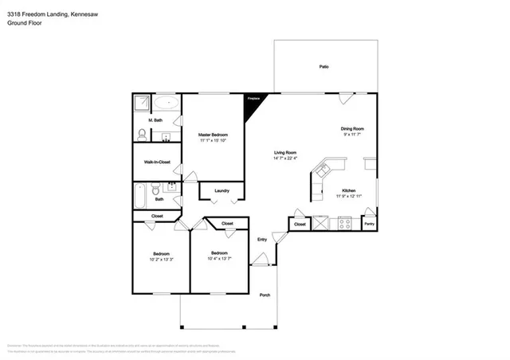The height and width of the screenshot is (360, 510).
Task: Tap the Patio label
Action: [324, 67]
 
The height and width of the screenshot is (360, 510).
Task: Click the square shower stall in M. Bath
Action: [141, 104]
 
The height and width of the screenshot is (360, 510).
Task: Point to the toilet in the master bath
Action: [142, 133]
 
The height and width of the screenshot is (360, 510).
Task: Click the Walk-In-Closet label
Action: [157, 162]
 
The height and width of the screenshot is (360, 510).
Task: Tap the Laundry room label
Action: [222, 190]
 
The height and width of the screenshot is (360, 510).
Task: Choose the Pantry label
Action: [369, 225]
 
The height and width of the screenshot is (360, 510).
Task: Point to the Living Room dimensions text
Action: [285, 158]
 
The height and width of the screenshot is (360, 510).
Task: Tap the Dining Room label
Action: [352, 128]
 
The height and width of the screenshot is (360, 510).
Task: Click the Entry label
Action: [261, 239]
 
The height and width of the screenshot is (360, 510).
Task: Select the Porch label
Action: [265, 295]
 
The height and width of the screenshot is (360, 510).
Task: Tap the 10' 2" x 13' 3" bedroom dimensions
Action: [162, 259]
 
